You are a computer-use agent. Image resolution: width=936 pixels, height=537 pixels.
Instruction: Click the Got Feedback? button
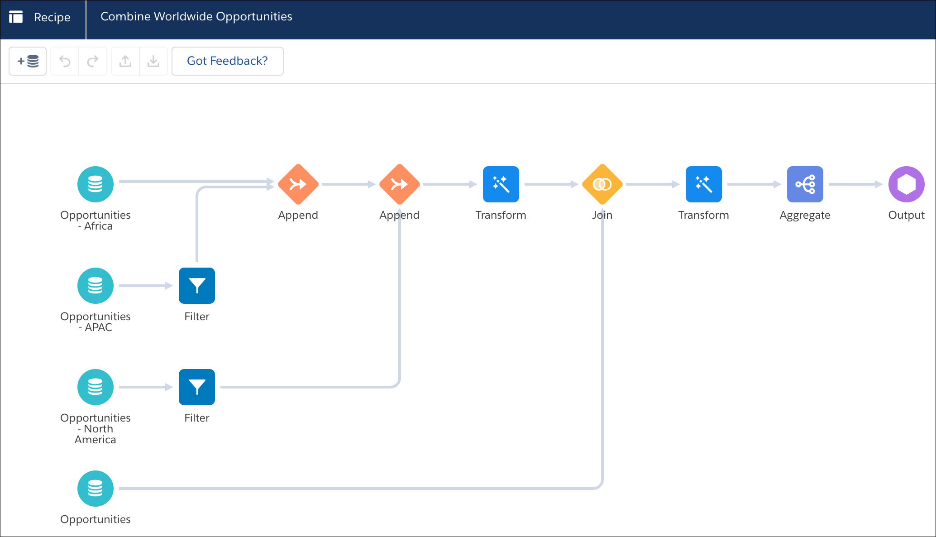tap(228, 61)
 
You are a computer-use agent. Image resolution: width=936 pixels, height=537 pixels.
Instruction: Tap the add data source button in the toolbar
tap(28, 61)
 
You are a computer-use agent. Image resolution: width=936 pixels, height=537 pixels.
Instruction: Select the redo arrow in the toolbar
tap(93, 61)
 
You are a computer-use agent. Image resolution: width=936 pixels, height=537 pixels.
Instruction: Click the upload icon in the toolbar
tap(125, 61)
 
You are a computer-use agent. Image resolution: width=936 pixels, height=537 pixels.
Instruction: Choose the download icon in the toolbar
tap(153, 61)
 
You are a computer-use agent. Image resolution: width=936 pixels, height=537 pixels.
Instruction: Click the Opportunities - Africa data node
tap(96, 184)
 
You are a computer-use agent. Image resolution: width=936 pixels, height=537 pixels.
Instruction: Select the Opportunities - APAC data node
tap(96, 286)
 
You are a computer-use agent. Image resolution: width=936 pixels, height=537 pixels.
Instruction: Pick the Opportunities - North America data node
tap(96, 387)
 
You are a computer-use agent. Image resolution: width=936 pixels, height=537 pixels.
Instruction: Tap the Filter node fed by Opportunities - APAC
tap(197, 286)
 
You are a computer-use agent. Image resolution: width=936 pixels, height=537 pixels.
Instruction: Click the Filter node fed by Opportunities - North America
tap(197, 387)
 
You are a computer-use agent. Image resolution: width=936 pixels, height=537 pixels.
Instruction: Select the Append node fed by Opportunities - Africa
tap(298, 184)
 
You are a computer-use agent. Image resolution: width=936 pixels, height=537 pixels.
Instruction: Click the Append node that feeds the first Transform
tap(400, 184)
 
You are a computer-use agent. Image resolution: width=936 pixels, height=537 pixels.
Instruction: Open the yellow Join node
tap(602, 184)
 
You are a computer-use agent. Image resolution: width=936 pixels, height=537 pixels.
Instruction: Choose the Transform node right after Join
tap(704, 184)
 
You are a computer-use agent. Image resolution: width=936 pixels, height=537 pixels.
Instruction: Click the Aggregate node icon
tap(805, 184)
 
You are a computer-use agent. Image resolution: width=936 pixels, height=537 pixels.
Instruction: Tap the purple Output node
tap(907, 184)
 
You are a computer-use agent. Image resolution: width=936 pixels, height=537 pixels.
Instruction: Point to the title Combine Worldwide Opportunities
tap(196, 17)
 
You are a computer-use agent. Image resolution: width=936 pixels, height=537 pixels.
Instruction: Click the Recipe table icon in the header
tap(16, 17)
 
